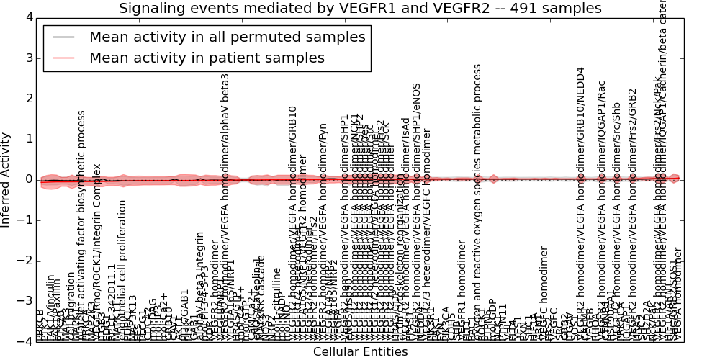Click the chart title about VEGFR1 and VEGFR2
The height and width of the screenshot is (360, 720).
360,9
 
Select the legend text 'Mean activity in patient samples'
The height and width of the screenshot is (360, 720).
207,58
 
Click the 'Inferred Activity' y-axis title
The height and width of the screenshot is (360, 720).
6,179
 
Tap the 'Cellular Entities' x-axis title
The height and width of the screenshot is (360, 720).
360,352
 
